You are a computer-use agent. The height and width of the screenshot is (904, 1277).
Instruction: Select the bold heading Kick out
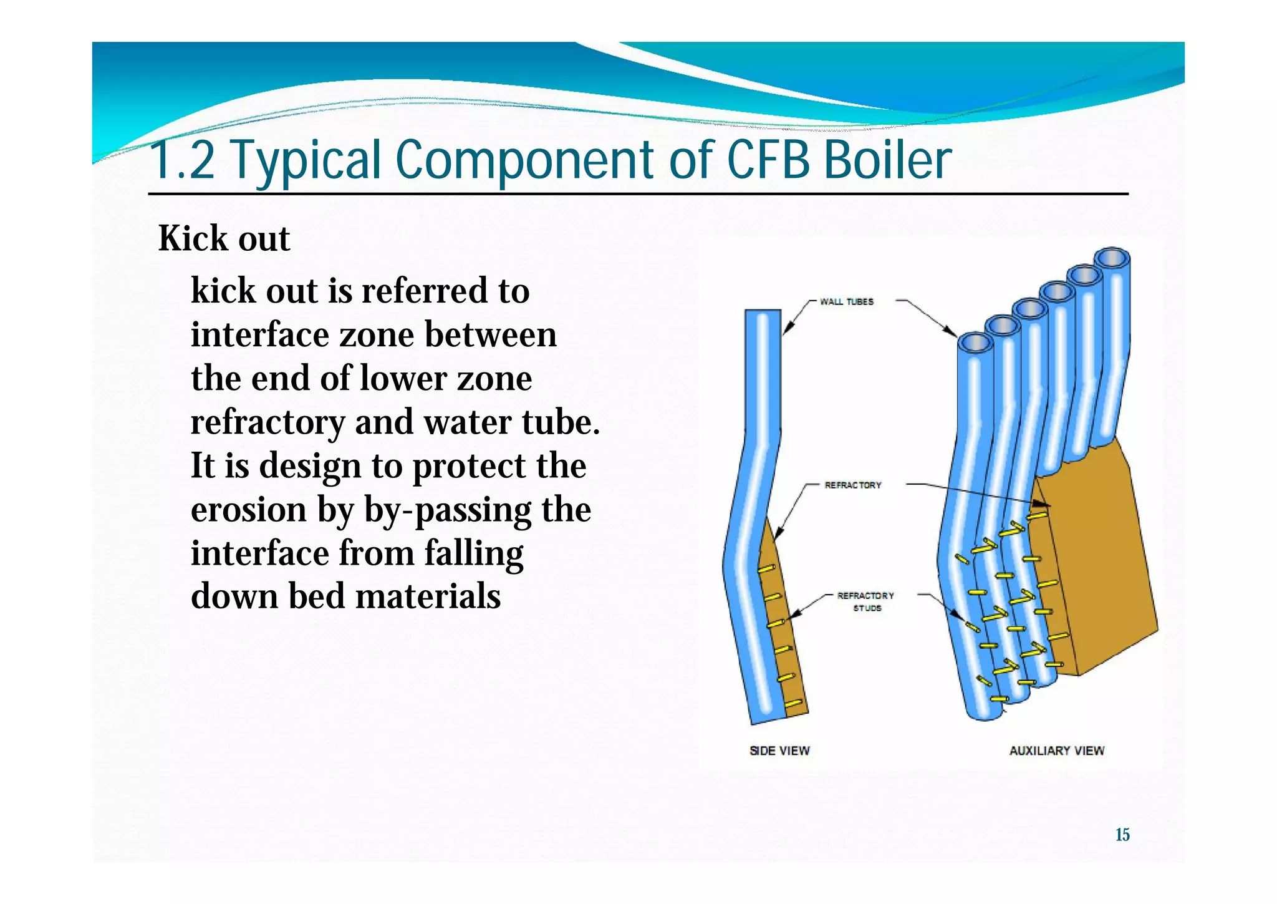point(224,238)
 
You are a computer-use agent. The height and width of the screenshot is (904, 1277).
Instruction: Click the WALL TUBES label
point(846,301)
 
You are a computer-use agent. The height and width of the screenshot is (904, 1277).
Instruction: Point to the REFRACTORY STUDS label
point(865,601)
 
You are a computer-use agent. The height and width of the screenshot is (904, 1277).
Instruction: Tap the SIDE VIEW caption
point(779,751)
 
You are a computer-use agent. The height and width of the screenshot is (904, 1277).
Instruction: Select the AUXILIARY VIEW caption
point(1056,751)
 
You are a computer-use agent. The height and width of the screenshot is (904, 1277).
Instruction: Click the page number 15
point(1122,835)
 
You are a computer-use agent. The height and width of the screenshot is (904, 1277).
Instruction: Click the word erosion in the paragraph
point(248,510)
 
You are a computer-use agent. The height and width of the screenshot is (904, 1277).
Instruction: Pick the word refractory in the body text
point(267,423)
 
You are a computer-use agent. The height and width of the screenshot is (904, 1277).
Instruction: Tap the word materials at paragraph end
point(428,596)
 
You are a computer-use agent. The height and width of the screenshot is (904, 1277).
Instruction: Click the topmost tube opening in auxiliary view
point(1112,258)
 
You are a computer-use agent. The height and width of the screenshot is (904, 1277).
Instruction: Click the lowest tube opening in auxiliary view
point(975,343)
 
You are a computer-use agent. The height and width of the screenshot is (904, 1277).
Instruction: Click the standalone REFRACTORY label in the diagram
point(852,485)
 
